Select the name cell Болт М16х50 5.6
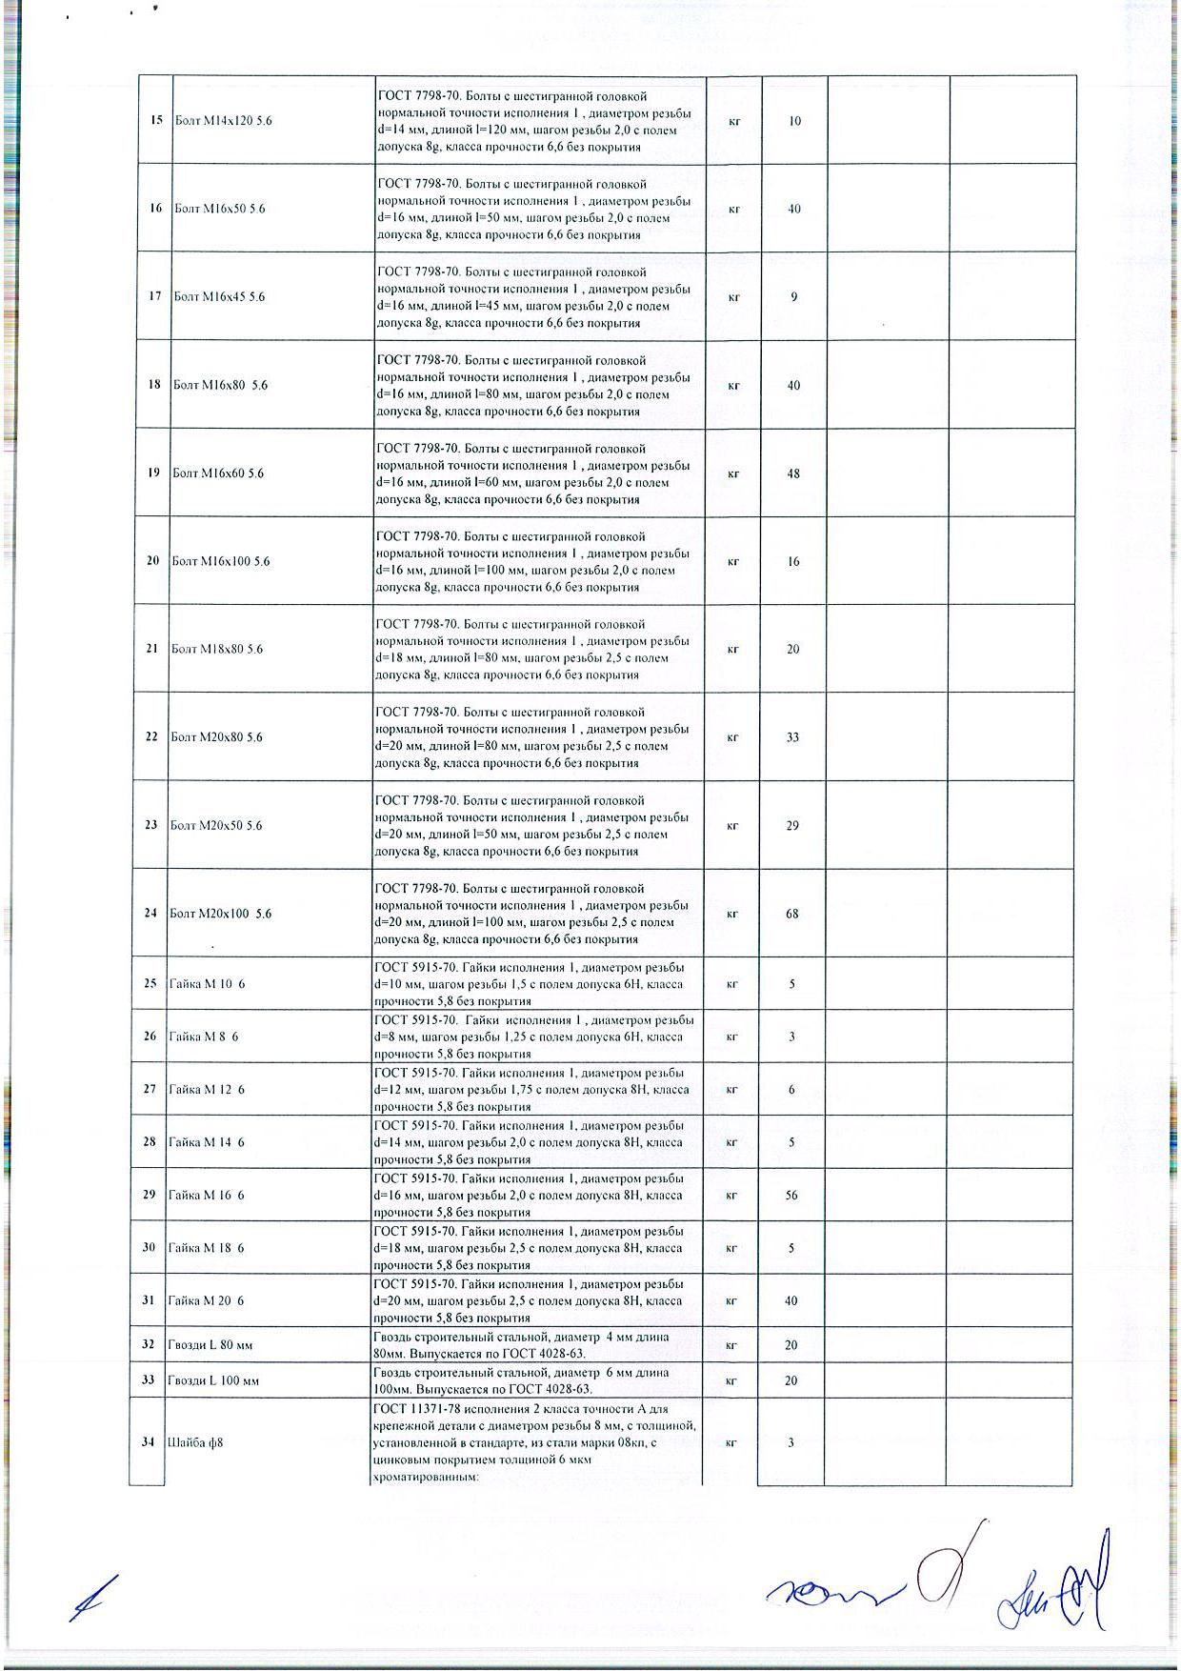220,209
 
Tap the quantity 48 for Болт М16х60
793,473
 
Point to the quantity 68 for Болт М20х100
792,914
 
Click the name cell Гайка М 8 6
204,1037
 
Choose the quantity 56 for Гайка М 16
791,1196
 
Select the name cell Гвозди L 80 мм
210,1345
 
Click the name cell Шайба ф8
195,1442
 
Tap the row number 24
150,914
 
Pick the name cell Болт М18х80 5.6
217,649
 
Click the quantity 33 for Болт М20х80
792,737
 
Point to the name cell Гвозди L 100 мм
212,1380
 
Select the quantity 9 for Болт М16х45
793,297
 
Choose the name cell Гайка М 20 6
207,1301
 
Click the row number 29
149,1196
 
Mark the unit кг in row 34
731,1442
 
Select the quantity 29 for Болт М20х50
792,826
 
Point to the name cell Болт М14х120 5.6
224,121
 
